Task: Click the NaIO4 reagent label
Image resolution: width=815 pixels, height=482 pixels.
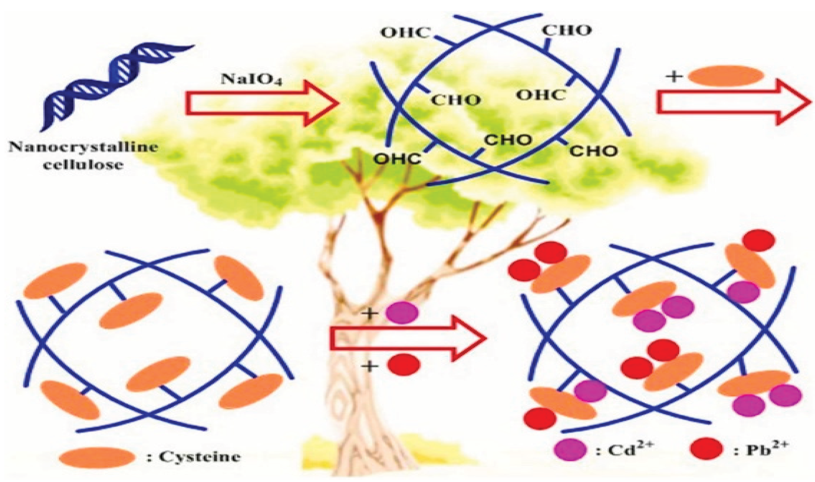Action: (251, 79)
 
